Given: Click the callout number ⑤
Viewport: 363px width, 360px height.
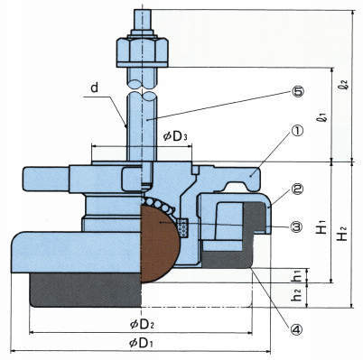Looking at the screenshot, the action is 297,91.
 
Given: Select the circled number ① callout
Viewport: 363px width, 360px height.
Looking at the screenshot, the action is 297,131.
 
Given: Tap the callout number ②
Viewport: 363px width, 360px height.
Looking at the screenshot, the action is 297,189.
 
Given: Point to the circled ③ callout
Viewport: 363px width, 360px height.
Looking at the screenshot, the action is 297,226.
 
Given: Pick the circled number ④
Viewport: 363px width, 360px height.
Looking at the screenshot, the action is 295,330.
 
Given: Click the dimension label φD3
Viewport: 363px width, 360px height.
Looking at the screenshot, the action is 175,137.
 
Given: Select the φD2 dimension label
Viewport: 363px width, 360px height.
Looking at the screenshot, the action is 142,325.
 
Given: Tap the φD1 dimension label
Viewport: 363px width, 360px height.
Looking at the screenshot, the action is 141,343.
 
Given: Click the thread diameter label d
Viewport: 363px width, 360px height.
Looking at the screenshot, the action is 95,88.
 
